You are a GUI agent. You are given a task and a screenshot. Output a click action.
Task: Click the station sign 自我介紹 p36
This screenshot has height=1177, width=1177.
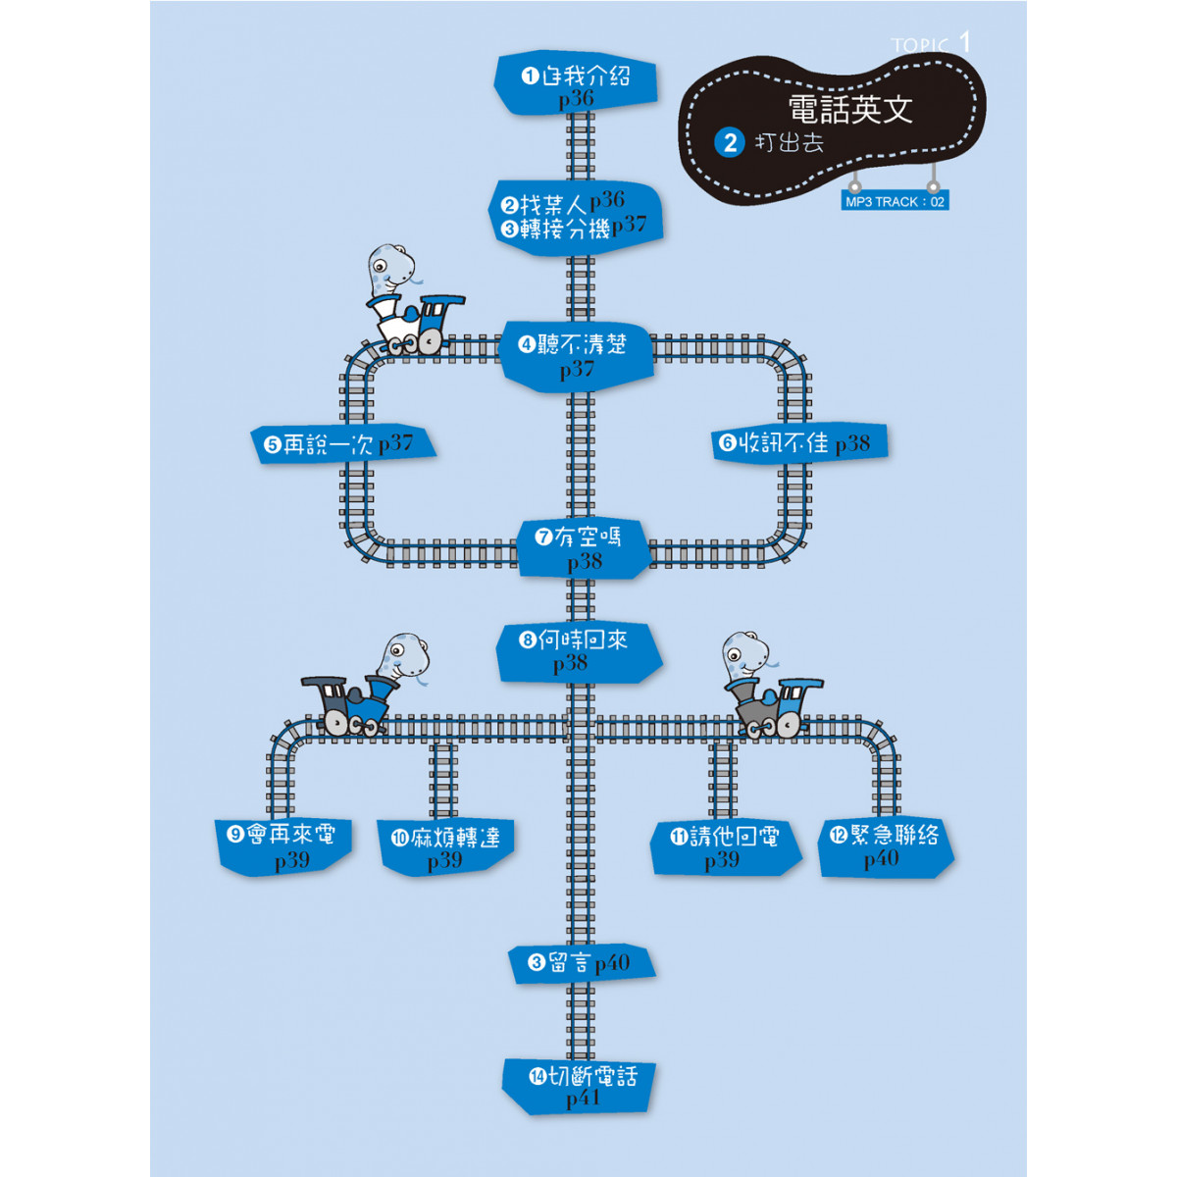(576, 83)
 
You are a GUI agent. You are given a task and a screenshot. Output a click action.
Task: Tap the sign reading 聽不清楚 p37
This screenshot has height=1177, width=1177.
(576, 357)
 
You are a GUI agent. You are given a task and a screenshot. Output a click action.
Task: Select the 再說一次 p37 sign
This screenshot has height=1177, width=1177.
(342, 444)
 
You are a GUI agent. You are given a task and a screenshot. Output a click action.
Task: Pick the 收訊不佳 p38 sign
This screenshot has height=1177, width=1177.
(799, 442)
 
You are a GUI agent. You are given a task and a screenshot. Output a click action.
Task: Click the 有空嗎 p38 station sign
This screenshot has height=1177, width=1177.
(584, 548)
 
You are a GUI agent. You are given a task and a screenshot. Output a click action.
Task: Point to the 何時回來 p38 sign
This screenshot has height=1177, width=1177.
(578, 652)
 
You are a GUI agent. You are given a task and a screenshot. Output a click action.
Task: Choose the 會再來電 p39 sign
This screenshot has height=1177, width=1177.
(284, 847)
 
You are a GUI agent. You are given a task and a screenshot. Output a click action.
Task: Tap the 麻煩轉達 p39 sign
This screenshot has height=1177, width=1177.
(445, 847)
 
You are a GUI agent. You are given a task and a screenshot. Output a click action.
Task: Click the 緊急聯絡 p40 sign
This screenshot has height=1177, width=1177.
(886, 847)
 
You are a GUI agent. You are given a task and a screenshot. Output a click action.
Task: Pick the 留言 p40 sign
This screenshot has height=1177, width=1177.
(582, 964)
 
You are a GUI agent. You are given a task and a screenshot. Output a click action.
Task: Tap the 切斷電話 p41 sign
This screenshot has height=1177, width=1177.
(578, 1095)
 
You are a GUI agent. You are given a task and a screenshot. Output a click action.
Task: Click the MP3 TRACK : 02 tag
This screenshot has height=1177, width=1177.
(895, 202)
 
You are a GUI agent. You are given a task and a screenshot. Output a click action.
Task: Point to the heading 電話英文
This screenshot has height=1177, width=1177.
(849, 109)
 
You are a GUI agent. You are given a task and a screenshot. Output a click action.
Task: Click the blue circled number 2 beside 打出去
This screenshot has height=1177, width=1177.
(730, 143)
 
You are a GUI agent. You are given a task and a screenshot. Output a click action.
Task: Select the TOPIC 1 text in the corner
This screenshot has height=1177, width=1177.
(930, 43)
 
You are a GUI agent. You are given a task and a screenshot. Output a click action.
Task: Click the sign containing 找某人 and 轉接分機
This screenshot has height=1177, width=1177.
(576, 218)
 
